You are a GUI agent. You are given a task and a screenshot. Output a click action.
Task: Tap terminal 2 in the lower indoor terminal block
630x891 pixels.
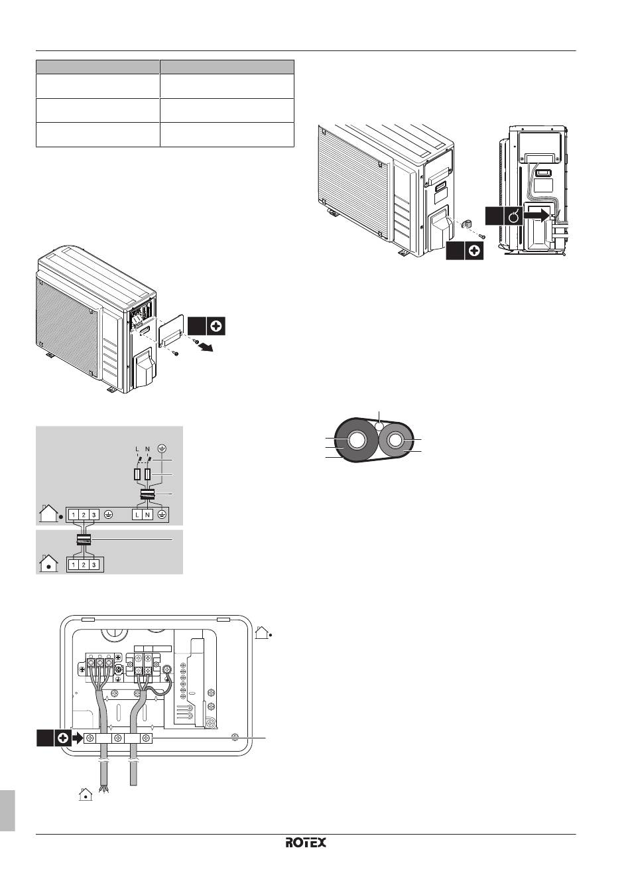pos(84,565)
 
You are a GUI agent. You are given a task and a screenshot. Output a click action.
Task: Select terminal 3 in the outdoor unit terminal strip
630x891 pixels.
pos(94,515)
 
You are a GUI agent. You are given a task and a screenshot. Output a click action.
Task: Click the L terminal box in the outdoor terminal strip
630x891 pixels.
pos(137,515)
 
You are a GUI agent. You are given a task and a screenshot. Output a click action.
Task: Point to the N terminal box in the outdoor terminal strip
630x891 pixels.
pos(147,515)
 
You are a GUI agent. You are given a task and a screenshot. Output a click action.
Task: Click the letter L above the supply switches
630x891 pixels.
pos(137,448)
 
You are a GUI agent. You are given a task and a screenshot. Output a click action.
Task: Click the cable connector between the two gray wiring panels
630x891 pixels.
pos(84,539)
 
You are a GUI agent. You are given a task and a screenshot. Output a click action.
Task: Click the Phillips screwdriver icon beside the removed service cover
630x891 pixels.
pos(216,326)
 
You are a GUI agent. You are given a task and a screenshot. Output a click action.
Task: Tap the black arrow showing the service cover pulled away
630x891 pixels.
pos(206,347)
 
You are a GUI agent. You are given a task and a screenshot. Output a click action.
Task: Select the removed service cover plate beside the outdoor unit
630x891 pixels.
pos(171,330)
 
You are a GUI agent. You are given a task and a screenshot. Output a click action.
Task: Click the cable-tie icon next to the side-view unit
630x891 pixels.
pos(513,216)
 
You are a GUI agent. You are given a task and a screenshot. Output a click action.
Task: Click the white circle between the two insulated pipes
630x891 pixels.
pos(379,427)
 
